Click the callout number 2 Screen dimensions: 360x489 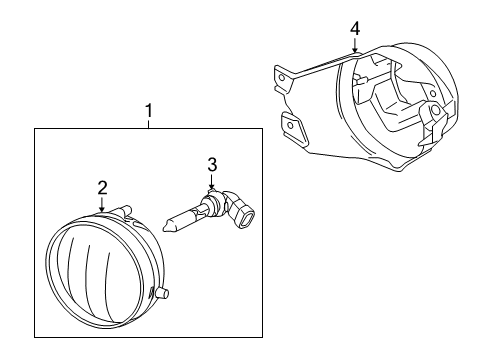pos(102,186)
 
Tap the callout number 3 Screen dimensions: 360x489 pos(212,163)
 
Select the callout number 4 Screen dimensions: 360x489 pos(354,28)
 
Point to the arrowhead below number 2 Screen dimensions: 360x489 pos(102,208)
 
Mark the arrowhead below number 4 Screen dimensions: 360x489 pos(354,49)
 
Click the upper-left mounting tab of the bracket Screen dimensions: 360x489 pos(283,74)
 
